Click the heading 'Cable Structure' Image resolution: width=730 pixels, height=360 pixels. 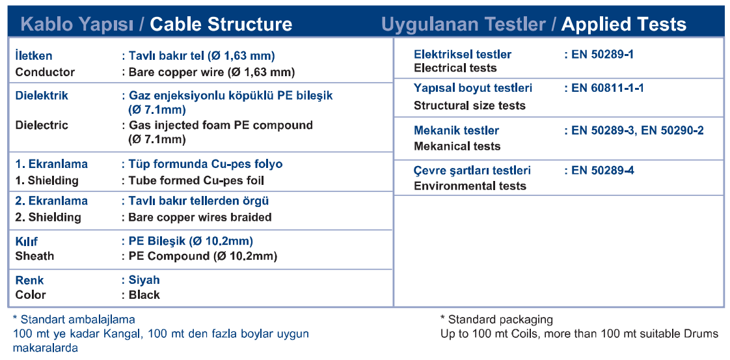coord(221,24)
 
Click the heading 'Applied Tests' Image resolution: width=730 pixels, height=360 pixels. coord(624,24)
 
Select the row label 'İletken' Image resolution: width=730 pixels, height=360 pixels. coord(34,56)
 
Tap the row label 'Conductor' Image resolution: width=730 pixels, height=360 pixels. coord(45,72)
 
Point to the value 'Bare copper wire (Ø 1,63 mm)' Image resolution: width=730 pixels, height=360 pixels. coord(211,72)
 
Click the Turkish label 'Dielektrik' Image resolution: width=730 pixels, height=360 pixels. coord(42,96)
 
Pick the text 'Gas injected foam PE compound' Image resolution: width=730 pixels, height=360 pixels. coord(221,125)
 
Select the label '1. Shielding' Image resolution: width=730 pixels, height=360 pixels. coord(47,180)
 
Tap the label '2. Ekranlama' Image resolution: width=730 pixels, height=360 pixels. coord(51,201)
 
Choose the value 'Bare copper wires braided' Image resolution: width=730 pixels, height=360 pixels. coord(200,217)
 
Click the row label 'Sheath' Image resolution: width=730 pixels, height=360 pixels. coord(34,256)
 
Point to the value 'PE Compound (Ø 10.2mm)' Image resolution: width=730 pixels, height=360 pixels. coord(203,256)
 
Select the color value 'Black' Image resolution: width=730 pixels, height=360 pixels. coord(144,295)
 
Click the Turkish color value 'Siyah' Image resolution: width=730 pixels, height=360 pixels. coord(144,280)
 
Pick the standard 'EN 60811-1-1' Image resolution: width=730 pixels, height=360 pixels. coord(608,88)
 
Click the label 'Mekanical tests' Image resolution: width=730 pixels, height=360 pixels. coord(457,146)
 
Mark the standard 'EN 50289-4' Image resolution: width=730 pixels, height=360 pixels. coord(602,171)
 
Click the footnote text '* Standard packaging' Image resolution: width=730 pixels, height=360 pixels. coord(496,320)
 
